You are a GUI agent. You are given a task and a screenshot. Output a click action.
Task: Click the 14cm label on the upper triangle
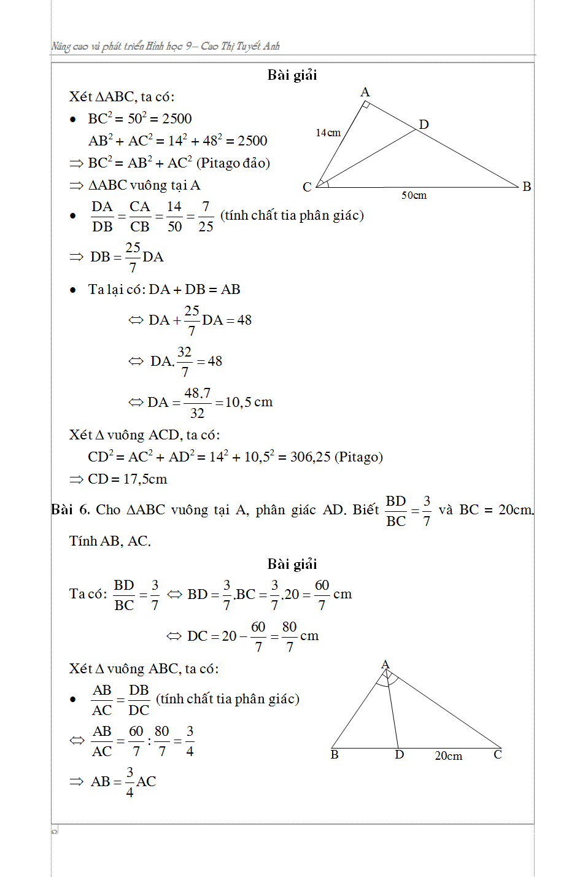[328, 133]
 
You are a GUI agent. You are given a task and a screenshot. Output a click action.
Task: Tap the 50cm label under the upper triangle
[414, 195]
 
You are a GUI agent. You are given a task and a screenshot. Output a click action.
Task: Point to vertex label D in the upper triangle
[424, 125]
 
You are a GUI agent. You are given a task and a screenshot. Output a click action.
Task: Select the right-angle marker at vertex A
[365, 106]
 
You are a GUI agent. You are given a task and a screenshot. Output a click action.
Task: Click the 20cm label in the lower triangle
[448, 756]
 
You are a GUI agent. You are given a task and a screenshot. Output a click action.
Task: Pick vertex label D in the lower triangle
[399, 755]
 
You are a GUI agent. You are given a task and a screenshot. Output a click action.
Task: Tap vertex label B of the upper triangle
[527, 187]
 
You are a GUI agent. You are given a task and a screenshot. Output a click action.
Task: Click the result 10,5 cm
[249, 403]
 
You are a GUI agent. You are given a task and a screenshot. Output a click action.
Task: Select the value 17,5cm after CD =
[145, 479]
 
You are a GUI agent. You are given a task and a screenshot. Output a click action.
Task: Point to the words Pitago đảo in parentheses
[233, 163]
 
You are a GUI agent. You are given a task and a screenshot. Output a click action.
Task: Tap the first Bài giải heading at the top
[292, 75]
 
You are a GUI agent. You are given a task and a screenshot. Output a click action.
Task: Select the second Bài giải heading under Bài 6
[292, 564]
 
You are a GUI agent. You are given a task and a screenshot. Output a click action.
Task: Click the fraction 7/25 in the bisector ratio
[206, 217]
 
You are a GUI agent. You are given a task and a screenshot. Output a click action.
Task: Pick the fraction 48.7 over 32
[197, 403]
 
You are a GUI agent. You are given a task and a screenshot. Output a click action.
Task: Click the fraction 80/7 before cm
[290, 636]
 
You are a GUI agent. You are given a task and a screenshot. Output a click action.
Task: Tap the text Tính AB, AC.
[110, 541]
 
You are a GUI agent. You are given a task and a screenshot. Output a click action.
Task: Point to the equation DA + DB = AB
[194, 290]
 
